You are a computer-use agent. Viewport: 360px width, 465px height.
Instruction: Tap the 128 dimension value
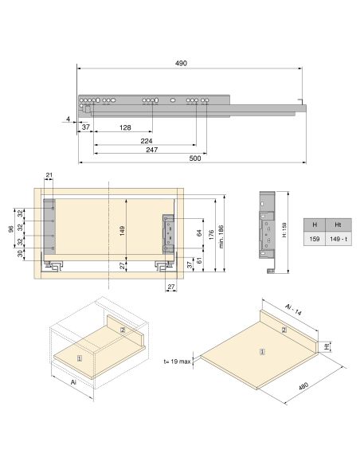[126, 127]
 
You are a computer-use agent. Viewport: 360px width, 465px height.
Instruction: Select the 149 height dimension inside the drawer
[121, 231]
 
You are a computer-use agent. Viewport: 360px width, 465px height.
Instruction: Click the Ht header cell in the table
[337, 225]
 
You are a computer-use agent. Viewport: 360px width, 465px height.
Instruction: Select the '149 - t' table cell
[337, 238]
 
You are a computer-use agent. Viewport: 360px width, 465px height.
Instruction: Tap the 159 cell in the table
[315, 238]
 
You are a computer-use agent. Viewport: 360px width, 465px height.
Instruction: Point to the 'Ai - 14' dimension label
[295, 310]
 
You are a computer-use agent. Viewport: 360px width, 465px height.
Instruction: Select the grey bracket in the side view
[267, 231]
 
